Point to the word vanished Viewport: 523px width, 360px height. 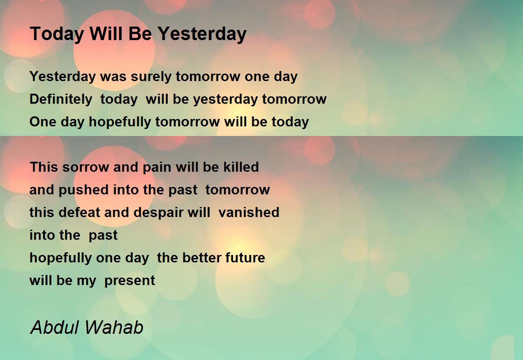249,213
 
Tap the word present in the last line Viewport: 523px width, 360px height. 130,281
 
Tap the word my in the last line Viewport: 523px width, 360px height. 86,281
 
